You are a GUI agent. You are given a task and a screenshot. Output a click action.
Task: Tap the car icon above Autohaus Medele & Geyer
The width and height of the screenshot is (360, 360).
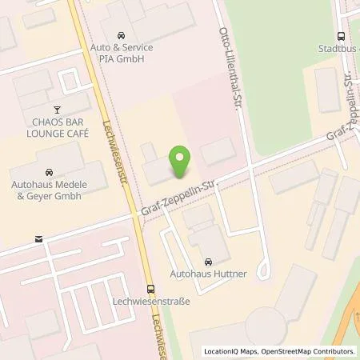point(49,171)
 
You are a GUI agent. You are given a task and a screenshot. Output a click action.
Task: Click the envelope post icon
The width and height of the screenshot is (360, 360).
point(38,238)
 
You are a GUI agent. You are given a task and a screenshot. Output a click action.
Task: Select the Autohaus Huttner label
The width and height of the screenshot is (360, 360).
point(210,274)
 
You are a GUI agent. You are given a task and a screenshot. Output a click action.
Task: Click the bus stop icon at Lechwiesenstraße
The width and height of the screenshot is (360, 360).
point(150,289)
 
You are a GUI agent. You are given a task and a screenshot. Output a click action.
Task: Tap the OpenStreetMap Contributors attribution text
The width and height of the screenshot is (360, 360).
point(312,351)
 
